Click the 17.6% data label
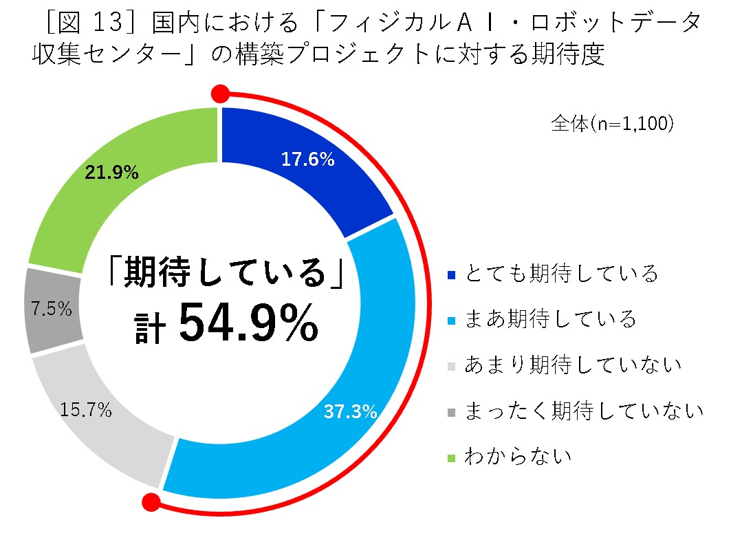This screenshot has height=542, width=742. tap(307, 160)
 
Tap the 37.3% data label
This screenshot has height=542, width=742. tap(350, 412)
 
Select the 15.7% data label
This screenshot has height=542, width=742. tap(85, 411)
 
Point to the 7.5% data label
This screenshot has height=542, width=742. tap(52, 309)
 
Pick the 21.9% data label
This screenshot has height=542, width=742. tap(111, 173)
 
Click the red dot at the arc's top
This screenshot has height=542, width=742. tap(220, 94)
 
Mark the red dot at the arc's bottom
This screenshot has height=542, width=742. tap(151, 502)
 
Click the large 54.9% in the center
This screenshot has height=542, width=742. tap(248, 325)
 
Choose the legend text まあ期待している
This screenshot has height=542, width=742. tap(550, 319)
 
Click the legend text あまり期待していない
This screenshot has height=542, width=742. tap(573, 365)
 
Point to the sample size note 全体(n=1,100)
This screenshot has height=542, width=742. tap(611, 124)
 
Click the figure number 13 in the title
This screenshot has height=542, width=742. tap(105, 23)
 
